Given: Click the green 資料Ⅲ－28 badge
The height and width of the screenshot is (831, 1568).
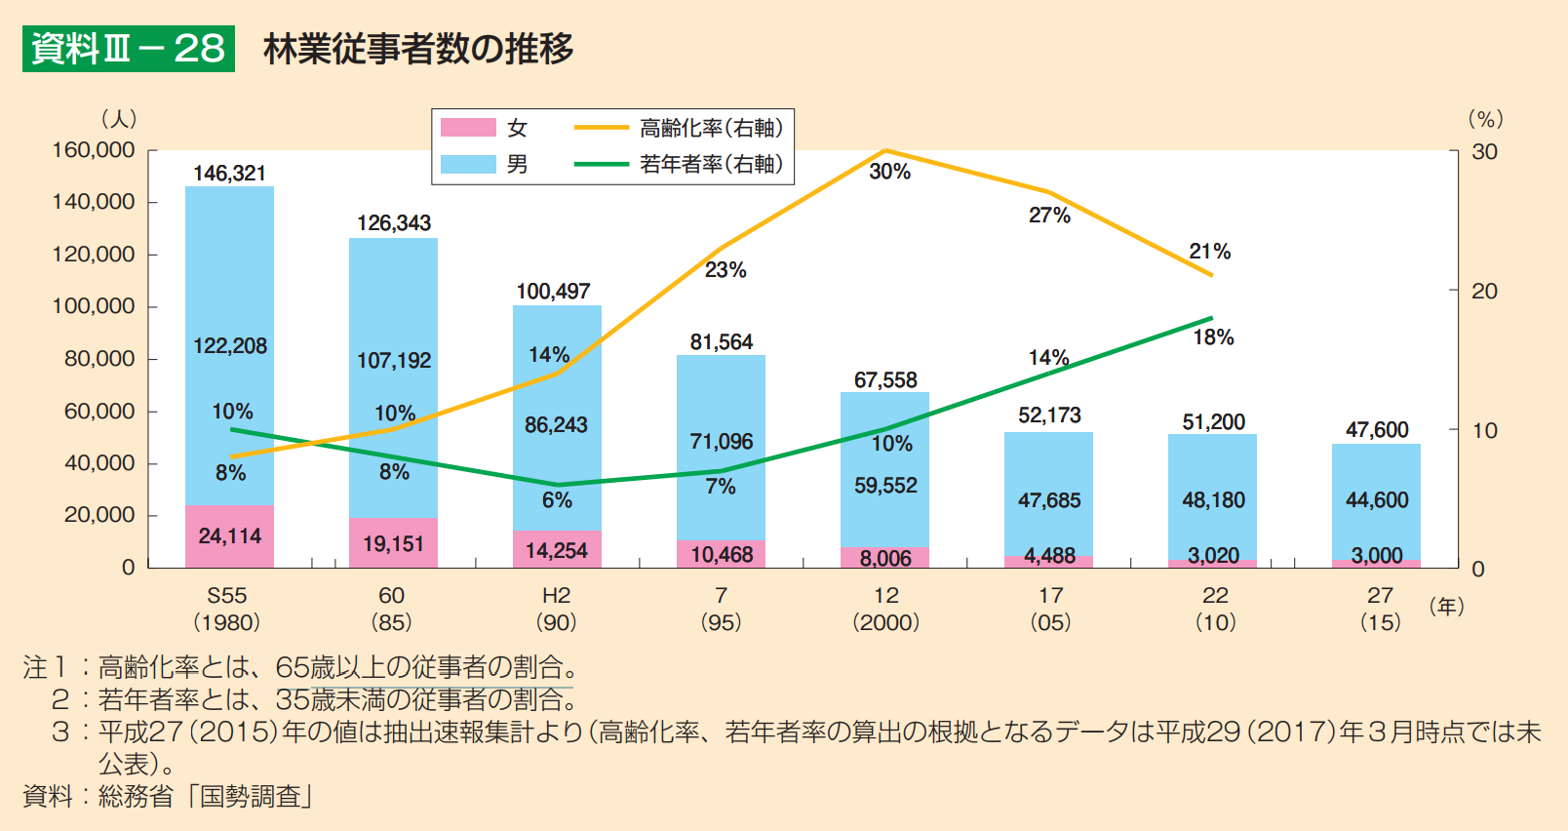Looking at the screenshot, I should point(128,48).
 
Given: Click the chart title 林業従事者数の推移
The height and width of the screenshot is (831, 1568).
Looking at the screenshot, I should point(417,48).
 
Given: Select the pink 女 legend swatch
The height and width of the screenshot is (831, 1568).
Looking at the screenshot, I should point(468,128).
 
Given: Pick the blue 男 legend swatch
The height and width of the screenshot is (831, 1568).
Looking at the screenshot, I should point(468,164).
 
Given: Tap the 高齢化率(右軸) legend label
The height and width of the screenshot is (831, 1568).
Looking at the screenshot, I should point(711,128).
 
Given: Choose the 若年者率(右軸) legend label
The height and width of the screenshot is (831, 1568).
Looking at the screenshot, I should point(711,164).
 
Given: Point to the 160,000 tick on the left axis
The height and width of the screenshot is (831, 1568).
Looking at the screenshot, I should point(94,150).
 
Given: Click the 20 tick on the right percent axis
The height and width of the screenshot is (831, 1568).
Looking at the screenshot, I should point(1484,291).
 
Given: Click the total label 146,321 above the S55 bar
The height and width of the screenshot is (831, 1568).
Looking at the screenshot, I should point(229,174).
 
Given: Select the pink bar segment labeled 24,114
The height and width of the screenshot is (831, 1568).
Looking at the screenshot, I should point(229,535).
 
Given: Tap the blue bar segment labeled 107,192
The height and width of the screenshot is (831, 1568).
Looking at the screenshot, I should point(393,361).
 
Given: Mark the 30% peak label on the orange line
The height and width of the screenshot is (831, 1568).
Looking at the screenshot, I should point(889,172).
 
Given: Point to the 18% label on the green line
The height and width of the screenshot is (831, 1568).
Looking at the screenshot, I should point(1213,337).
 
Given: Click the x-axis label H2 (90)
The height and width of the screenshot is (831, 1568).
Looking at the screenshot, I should point(556,608).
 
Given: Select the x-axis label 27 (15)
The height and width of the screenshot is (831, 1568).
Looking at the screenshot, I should point(1380,608).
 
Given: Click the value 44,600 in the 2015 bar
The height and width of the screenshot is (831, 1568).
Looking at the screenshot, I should point(1377,500).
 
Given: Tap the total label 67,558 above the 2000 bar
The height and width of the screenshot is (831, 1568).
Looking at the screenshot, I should point(885,380).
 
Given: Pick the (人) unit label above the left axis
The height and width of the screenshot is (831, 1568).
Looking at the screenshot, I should point(119,119).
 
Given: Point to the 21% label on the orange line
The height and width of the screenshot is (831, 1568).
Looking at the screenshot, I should point(1209,252).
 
